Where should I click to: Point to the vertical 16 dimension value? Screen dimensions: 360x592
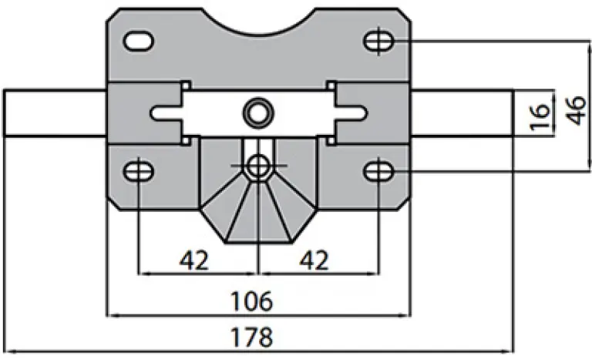pos(541,113)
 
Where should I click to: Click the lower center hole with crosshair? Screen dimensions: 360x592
pos(257,165)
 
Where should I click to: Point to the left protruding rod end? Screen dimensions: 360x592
pos(54,113)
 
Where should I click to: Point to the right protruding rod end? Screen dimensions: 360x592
pos(462,113)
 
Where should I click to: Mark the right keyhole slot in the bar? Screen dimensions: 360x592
pos(347,113)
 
